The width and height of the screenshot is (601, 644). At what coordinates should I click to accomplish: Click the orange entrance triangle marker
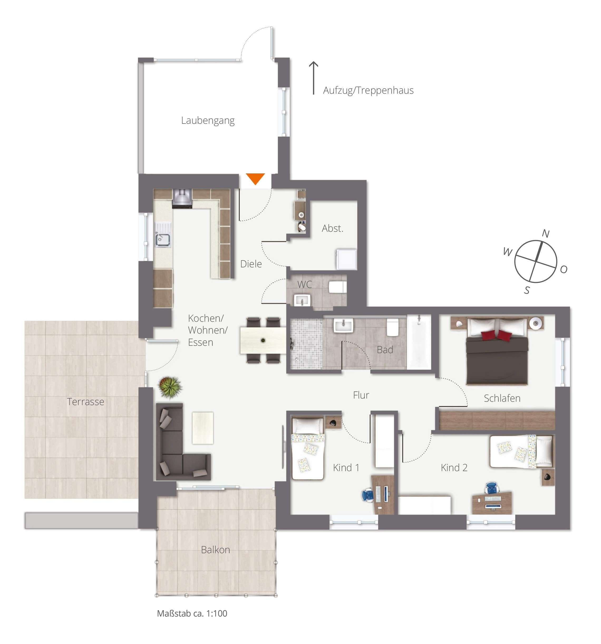coord(255,178)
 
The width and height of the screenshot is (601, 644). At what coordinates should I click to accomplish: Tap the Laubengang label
coord(208,121)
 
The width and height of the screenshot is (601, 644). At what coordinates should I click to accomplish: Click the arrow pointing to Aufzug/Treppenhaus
coord(313,78)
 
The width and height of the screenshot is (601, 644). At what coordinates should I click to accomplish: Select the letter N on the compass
coord(545,233)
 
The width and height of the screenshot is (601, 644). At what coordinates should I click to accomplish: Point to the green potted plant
coord(169,386)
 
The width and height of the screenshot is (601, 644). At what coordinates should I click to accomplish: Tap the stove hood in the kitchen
coord(182,198)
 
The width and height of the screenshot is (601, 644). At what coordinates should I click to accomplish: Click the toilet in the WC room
coord(337,287)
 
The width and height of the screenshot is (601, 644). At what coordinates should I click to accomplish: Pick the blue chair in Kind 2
coord(491,487)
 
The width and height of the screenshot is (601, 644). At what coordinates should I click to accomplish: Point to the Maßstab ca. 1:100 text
coord(192,613)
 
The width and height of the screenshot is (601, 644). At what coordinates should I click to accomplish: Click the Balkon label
coord(215,550)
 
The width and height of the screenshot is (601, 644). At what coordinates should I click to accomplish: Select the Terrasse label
coord(85,402)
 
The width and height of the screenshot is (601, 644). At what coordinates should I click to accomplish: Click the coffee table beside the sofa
coord(203,428)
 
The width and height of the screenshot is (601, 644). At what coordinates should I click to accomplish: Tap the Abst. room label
coord(332,228)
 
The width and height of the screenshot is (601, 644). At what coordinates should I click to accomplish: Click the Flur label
coord(361,395)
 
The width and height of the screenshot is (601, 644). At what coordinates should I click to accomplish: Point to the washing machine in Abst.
coord(346,259)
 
